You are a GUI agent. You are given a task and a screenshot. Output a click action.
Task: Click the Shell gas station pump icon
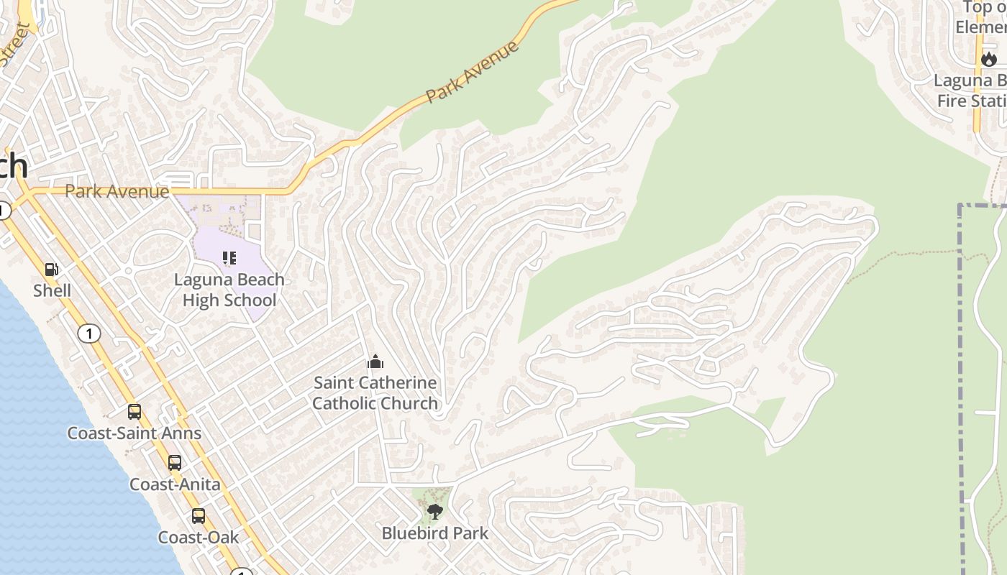pyautogui.click(x=52, y=270)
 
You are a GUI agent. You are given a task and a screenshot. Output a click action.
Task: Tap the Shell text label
pyautogui.click(x=52, y=290)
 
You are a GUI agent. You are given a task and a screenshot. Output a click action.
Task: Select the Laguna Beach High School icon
pyautogui.click(x=229, y=258)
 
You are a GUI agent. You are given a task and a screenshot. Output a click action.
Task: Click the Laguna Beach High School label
pyautogui.click(x=229, y=290)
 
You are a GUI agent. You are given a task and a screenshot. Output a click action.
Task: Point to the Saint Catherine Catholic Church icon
pyautogui.click(x=375, y=362)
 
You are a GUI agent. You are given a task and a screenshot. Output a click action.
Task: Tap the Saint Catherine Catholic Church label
pyautogui.click(x=375, y=393)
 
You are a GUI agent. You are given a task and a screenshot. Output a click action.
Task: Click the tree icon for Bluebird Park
pyautogui.click(x=434, y=512)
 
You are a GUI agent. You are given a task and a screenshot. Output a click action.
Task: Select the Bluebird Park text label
pyautogui.click(x=434, y=533)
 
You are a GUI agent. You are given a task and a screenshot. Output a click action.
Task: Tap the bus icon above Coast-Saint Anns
pyautogui.click(x=135, y=412)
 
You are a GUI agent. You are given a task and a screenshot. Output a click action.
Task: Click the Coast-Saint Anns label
pyautogui.click(x=135, y=433)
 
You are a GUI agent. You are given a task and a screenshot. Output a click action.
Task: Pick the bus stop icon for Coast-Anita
pyautogui.click(x=175, y=463)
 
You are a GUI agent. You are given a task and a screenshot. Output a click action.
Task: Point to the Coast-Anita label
pyautogui.click(x=175, y=484)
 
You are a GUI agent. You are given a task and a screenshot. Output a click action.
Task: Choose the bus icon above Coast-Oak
pyautogui.click(x=198, y=516)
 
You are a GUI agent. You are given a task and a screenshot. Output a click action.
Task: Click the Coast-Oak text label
pyautogui.click(x=198, y=538)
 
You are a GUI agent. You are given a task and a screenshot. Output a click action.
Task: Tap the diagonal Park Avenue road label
pyautogui.click(x=472, y=72)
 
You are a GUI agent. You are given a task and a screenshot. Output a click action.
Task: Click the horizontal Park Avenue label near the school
pyautogui.click(x=117, y=192)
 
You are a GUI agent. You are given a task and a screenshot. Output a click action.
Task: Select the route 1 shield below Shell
pyautogui.click(x=88, y=333)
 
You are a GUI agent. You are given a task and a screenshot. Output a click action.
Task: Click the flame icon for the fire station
pyautogui.click(x=989, y=59)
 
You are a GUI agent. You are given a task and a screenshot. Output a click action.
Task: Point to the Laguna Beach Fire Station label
pyautogui.click(x=971, y=91)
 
